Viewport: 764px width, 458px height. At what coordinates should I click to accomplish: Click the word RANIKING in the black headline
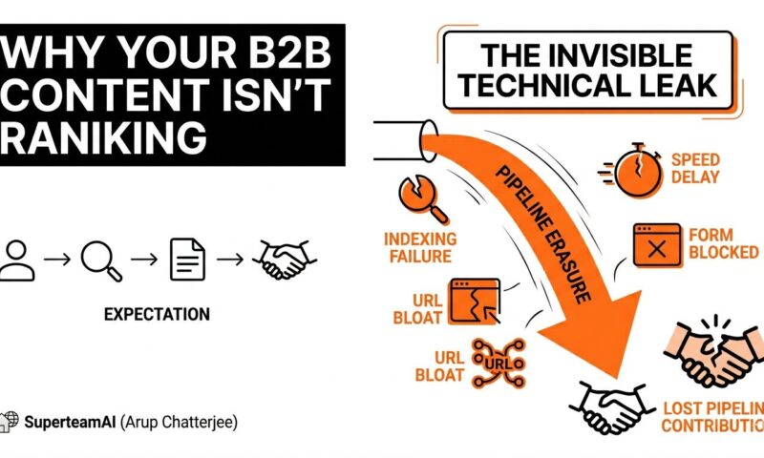point(103,136)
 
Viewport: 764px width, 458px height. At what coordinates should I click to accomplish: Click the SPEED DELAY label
point(695,168)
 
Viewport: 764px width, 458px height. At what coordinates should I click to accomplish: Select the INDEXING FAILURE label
point(420,248)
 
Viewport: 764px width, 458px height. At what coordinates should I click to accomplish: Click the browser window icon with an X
point(657,245)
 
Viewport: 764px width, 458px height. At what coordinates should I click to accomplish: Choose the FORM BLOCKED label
point(724,244)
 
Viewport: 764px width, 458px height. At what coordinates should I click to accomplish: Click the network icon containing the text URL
point(498,364)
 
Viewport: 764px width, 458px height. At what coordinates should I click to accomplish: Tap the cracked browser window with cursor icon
point(475,302)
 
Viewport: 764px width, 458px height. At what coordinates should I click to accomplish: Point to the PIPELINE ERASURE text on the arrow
point(542,235)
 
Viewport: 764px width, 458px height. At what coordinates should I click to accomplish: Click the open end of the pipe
point(429,141)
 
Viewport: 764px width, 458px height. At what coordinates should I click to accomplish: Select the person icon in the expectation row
point(16,260)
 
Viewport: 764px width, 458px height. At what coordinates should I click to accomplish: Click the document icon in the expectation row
point(187,260)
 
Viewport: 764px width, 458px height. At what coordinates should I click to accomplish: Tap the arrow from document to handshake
point(230,260)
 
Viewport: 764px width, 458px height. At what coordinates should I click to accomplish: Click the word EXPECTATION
point(157,315)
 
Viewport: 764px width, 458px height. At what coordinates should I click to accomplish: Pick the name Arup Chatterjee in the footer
point(179,422)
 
